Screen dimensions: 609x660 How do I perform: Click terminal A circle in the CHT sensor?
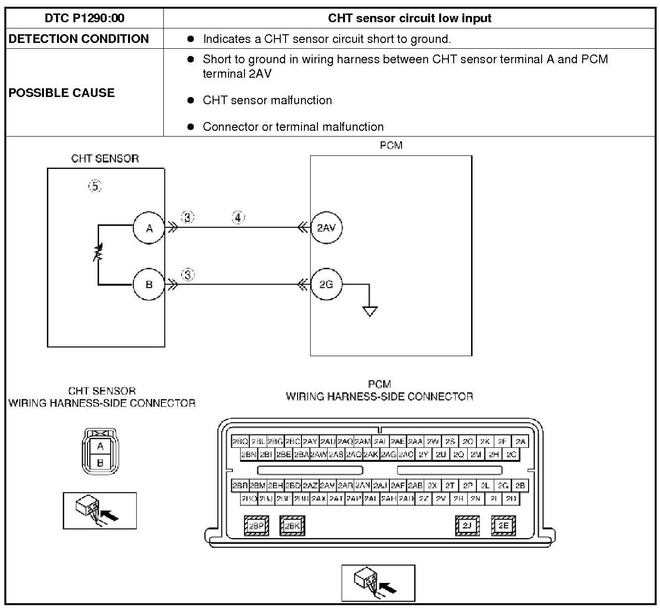pyautogui.click(x=149, y=228)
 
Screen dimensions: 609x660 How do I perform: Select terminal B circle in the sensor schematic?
pyautogui.click(x=149, y=284)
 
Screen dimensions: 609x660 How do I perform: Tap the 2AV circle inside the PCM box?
pyautogui.click(x=326, y=228)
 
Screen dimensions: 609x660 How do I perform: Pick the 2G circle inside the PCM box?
pyautogui.click(x=326, y=284)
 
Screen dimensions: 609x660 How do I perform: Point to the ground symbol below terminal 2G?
pyautogui.click(x=370, y=311)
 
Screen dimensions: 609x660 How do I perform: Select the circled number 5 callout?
pyautogui.click(x=95, y=186)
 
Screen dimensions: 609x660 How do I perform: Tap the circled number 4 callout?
pyautogui.click(x=238, y=218)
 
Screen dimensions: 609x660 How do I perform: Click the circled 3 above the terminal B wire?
pyautogui.click(x=187, y=275)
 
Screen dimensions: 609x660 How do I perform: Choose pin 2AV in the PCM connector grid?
pyautogui.click(x=327, y=485)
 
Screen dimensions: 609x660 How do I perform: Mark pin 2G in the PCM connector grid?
pyautogui.click(x=503, y=485)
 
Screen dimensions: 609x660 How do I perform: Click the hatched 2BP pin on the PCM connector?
pyautogui.click(x=256, y=526)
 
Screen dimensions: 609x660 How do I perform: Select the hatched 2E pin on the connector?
pyautogui.click(x=503, y=526)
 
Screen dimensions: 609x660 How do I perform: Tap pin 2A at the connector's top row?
pyautogui.click(x=520, y=442)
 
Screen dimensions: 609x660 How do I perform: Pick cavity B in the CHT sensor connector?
pyautogui.click(x=100, y=463)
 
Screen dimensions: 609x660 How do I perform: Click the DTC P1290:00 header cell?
pyautogui.click(x=85, y=18)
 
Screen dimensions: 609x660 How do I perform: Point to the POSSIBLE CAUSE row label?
pyautogui.click(x=62, y=93)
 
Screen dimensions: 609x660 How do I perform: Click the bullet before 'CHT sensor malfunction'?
pyautogui.click(x=191, y=100)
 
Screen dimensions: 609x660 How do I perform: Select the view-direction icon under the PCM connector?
pyautogui.click(x=378, y=583)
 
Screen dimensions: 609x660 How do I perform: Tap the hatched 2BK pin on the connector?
pyautogui.click(x=292, y=526)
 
